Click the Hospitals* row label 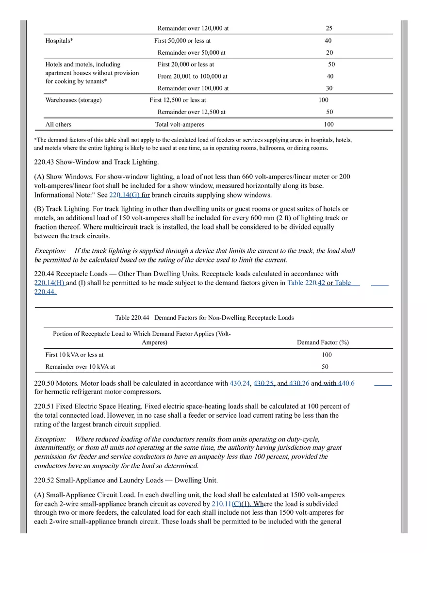point(59,41)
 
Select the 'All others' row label point(58,124)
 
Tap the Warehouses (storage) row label point(73,100)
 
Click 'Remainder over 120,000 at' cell point(193,28)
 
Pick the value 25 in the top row point(329,28)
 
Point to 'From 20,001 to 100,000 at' point(192,76)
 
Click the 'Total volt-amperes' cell point(180,124)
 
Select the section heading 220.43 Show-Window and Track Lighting point(96,162)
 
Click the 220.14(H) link point(49,283)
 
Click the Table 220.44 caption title point(204,318)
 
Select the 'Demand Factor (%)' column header point(323,342)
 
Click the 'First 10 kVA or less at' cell point(74,355)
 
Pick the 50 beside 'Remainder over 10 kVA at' point(325,367)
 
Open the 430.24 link point(240,383)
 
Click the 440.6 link point(346,383)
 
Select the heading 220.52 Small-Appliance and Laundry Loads point(126,480)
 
